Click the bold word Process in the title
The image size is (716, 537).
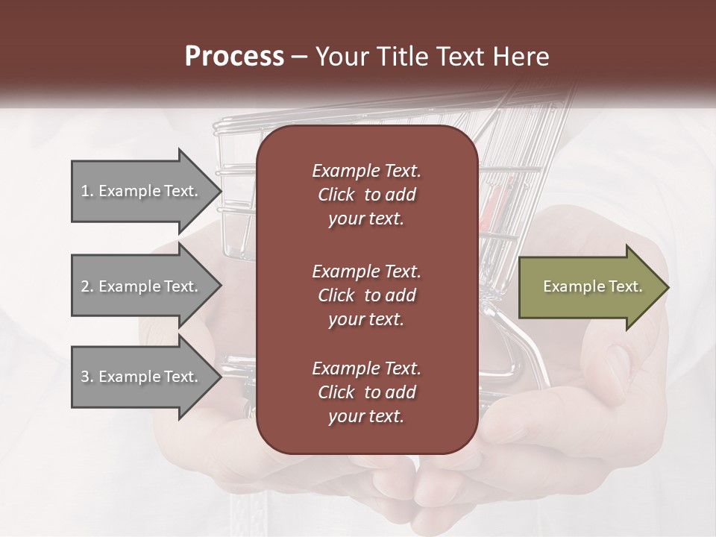click(234, 57)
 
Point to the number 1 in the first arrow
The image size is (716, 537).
click(85, 191)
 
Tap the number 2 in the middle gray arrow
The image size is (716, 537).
click(85, 286)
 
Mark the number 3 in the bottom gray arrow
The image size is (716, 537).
click(85, 377)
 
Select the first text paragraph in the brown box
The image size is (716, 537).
click(366, 195)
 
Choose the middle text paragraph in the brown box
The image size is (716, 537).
click(366, 295)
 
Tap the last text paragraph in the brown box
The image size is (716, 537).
click(366, 392)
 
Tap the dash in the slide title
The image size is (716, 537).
click(300, 57)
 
